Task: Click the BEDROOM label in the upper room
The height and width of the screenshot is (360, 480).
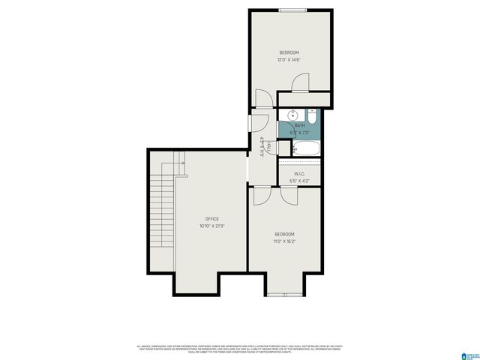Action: [289, 52]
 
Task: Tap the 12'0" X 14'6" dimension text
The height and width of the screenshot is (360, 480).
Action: [289, 59]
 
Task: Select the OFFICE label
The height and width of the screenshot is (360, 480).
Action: [212, 219]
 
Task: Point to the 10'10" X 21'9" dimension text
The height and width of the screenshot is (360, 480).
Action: [212, 226]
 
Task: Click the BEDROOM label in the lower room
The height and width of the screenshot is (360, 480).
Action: [284, 234]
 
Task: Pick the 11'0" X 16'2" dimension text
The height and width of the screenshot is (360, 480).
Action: [284, 241]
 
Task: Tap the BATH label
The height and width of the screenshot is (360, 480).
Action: [299, 125]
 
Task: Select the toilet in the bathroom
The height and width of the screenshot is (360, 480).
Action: [311, 116]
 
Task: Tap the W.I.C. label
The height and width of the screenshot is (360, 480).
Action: [299, 173]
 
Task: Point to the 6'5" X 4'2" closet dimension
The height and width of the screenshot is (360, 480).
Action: [299, 180]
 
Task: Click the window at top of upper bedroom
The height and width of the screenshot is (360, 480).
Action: [291, 10]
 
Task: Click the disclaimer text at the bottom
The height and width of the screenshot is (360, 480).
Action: [239, 349]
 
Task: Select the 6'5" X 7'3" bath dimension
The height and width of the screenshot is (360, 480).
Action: [299, 132]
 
